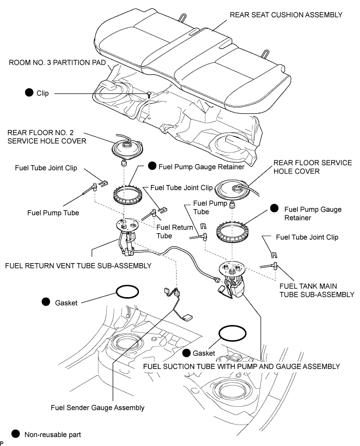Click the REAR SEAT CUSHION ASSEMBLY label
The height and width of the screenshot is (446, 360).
[286, 15]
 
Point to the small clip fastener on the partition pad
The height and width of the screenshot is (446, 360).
[150, 95]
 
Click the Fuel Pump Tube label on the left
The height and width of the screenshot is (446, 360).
[54, 213]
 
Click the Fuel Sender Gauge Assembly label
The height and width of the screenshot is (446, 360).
[97, 407]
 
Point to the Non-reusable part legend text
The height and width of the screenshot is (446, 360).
[52, 434]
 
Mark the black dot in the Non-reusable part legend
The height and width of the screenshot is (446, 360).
[15, 434]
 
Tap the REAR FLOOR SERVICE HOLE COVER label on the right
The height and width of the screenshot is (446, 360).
[312, 167]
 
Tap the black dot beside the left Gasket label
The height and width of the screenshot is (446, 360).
[45, 302]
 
